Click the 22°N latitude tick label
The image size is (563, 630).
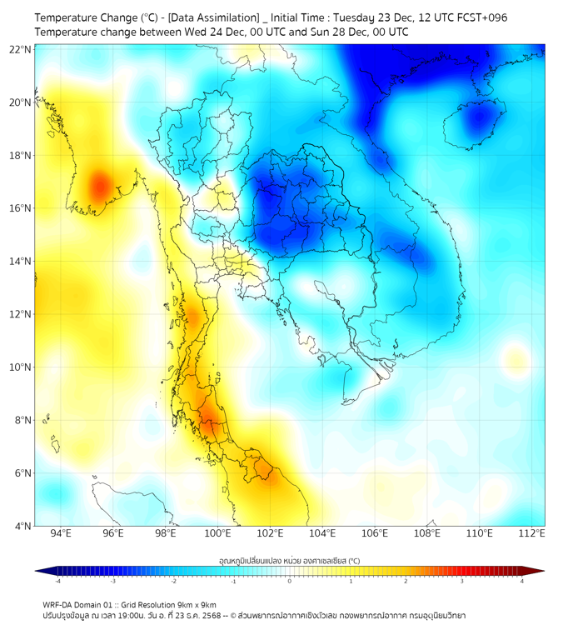(x=20, y=49)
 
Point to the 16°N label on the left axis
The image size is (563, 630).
(x=20, y=208)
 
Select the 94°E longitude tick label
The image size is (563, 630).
(x=61, y=534)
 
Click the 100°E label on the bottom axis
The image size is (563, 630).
(x=218, y=534)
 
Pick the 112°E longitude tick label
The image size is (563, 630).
(x=532, y=534)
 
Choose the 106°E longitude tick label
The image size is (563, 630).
(x=375, y=534)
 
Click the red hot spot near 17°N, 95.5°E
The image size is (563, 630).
(x=99, y=183)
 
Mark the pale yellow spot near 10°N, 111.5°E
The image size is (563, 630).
(x=516, y=361)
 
